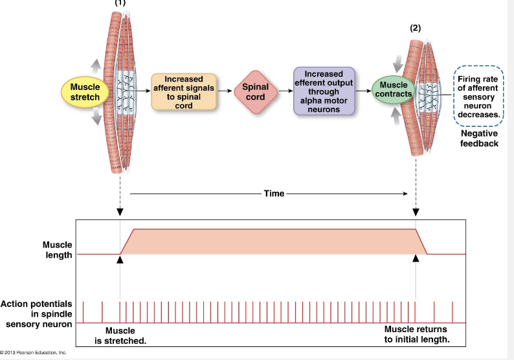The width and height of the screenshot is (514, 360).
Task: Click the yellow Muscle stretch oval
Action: coord(85,92)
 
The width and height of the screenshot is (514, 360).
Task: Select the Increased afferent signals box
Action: coord(184,92)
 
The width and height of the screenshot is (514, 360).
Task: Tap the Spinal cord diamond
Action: coord(255,92)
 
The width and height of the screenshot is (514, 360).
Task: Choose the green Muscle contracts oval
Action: coord(393,90)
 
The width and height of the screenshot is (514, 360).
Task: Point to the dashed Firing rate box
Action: coord(478,96)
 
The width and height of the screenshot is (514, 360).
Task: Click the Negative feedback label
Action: coord(479,138)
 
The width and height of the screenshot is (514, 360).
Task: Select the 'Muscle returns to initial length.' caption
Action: coord(416,334)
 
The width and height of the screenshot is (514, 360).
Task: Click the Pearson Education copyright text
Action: coord(34,353)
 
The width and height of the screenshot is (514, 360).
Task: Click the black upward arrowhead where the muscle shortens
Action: coord(416,259)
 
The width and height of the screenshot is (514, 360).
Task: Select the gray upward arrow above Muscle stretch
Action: coord(95,66)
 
